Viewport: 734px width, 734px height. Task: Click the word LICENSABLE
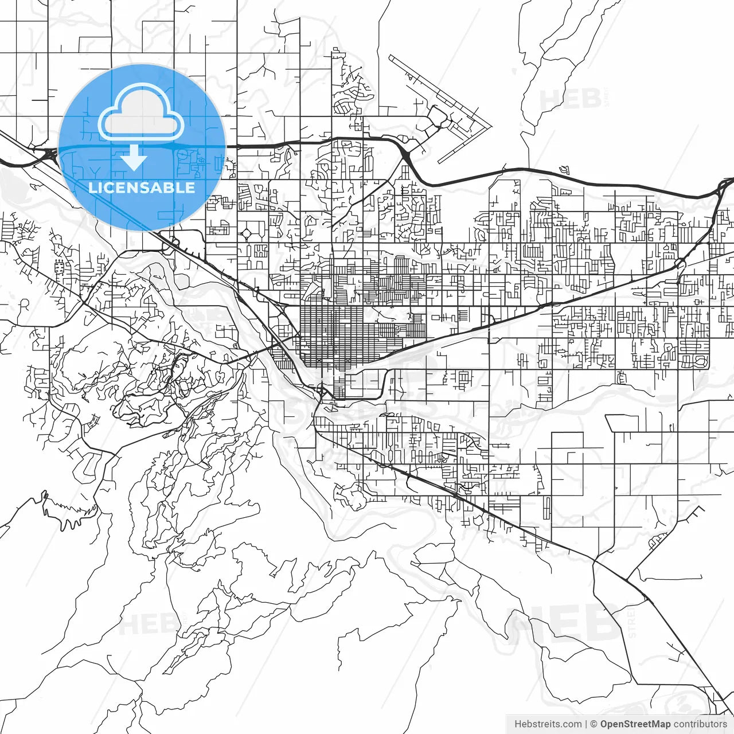[142, 188]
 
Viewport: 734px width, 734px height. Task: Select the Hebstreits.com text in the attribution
[548, 724]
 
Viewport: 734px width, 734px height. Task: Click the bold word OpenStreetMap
[635, 724]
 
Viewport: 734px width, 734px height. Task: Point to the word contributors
[700, 724]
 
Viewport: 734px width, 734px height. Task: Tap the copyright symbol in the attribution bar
[594, 724]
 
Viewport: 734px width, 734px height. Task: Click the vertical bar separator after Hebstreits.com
[586, 724]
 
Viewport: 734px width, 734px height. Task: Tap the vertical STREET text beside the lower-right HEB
[632, 624]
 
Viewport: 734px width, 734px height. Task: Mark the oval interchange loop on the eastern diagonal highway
[680, 263]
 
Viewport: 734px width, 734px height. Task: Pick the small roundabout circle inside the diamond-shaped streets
[247, 234]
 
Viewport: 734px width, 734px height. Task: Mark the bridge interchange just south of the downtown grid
[323, 393]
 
